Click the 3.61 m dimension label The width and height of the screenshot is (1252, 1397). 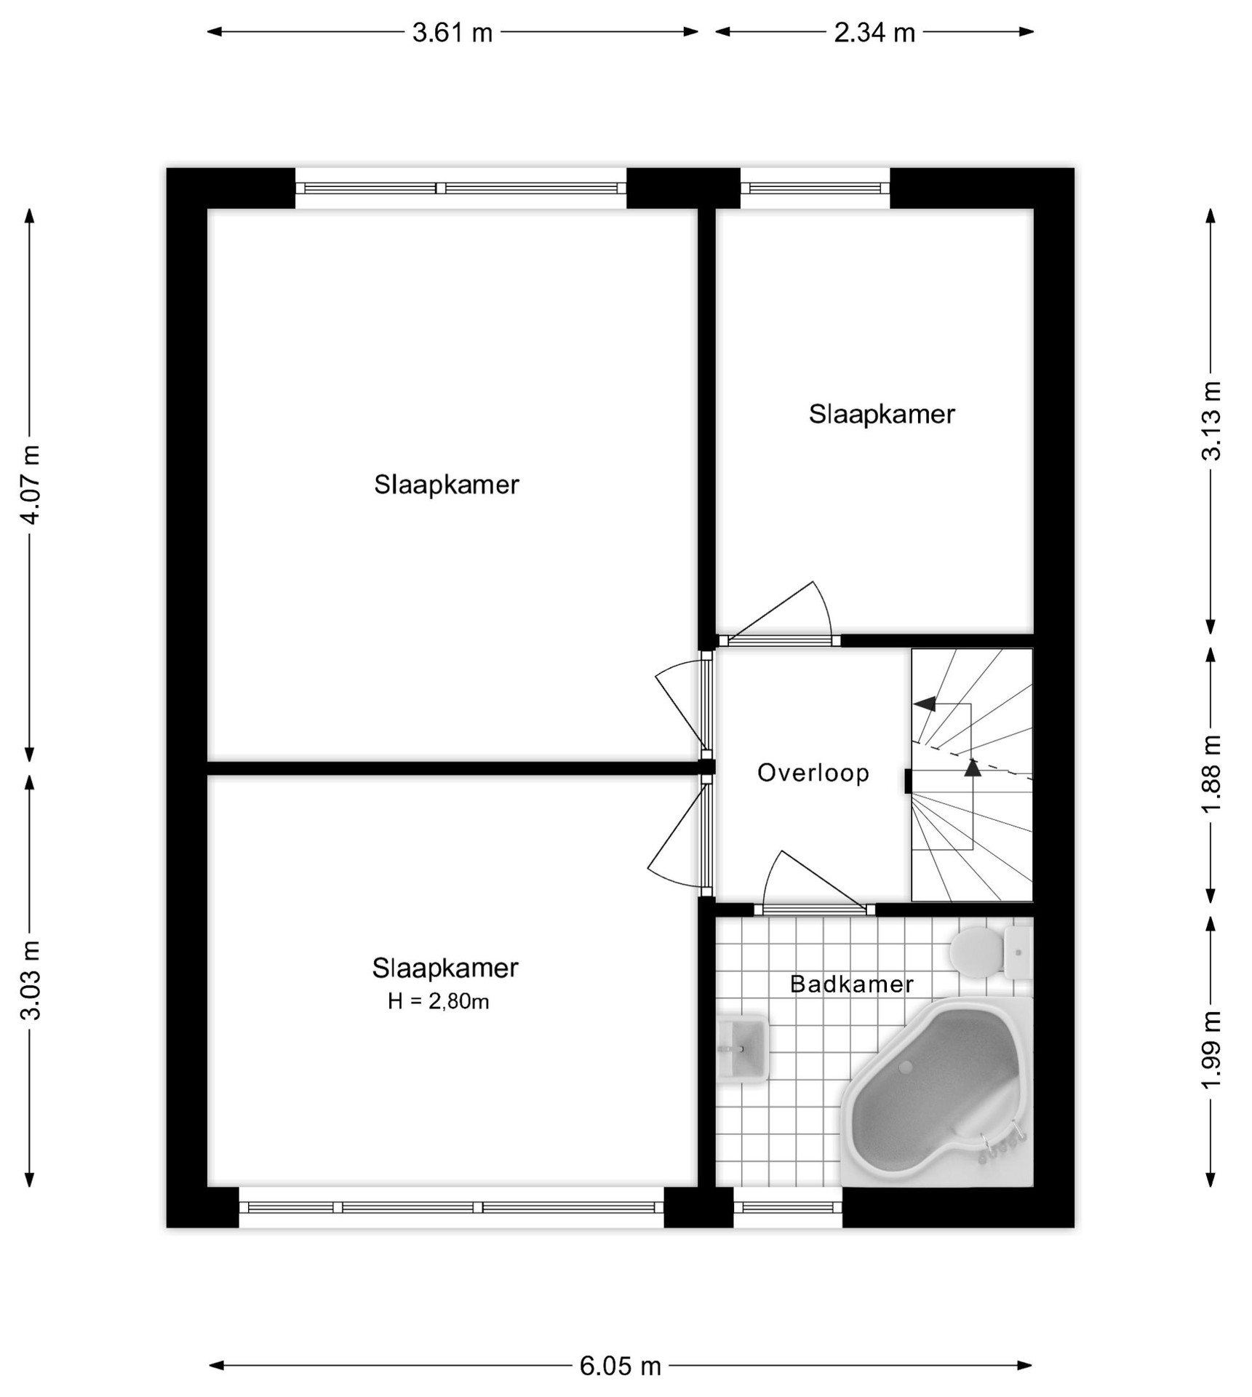click(452, 33)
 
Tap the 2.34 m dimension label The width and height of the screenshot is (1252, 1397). click(874, 33)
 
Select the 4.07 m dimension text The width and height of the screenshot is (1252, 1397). click(31, 483)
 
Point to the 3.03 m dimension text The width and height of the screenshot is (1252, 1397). click(31, 980)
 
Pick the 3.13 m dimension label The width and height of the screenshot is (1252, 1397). click(1211, 421)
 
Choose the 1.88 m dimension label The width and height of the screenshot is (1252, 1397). click(1211, 775)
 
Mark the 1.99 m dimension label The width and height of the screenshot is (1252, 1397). click(1211, 1050)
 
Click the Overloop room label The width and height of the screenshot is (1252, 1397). click(813, 773)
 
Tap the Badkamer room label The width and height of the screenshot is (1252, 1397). click(851, 984)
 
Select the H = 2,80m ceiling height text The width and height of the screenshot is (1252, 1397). click(438, 1002)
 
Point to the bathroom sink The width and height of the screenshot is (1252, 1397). click(742, 1048)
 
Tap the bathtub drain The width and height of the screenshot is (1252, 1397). click(906, 1067)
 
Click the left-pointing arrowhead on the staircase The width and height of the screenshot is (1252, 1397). click(924, 704)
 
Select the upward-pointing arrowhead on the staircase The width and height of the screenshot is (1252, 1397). click(973, 767)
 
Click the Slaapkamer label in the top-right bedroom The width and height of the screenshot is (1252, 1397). click(881, 415)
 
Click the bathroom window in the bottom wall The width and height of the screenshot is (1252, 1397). click(787, 1207)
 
